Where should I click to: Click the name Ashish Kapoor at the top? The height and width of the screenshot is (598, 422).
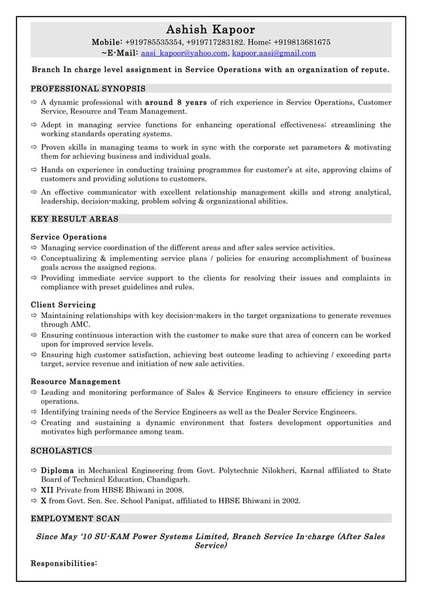coord(210,30)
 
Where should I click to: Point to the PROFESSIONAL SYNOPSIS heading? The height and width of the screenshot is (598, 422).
coord(88,88)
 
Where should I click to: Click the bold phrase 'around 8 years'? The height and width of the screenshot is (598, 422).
coord(175,103)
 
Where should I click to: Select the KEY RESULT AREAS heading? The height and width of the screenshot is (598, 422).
coord(75,219)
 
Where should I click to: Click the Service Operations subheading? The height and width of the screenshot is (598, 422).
coord(69,236)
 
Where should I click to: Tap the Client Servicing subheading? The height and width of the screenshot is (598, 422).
coord(63,305)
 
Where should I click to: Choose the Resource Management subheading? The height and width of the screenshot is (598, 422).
coord(75,381)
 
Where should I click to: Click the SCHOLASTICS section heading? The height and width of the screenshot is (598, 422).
coord(62,451)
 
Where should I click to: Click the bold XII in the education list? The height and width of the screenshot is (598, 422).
coord(47,491)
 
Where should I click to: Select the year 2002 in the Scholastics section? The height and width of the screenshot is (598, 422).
coord(290,501)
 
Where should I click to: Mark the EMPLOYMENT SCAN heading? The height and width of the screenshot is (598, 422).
coord(75,519)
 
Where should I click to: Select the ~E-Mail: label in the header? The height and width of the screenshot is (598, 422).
coord(118,53)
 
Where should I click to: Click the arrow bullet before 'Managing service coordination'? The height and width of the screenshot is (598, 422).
coord(34,248)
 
